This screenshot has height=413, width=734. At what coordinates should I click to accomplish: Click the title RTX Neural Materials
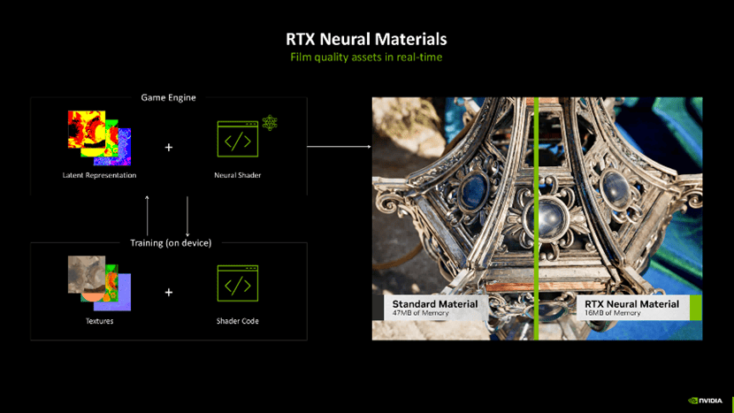(x=366, y=39)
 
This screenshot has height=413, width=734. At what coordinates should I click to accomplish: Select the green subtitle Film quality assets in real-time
(x=366, y=57)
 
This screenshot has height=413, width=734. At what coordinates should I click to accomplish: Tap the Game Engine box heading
(x=168, y=97)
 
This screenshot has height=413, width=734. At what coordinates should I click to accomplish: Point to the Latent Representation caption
(x=99, y=175)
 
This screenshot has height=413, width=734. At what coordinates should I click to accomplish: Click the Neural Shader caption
(x=237, y=175)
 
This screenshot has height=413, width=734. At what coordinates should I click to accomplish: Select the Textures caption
(x=99, y=321)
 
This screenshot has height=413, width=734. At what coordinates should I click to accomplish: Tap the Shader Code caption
(x=237, y=321)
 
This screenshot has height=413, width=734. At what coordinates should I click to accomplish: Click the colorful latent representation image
(x=99, y=137)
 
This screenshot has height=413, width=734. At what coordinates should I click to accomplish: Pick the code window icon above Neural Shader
(x=237, y=139)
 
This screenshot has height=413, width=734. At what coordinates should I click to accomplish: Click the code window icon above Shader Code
(x=237, y=283)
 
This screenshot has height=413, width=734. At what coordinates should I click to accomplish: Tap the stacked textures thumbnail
(x=99, y=283)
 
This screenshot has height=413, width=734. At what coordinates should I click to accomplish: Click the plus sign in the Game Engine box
(x=169, y=147)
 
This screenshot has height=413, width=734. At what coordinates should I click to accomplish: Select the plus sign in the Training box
(x=169, y=292)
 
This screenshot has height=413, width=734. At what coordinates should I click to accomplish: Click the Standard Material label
(x=435, y=304)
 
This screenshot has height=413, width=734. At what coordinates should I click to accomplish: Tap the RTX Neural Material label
(x=631, y=304)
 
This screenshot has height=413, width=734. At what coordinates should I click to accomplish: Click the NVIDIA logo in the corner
(x=705, y=401)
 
